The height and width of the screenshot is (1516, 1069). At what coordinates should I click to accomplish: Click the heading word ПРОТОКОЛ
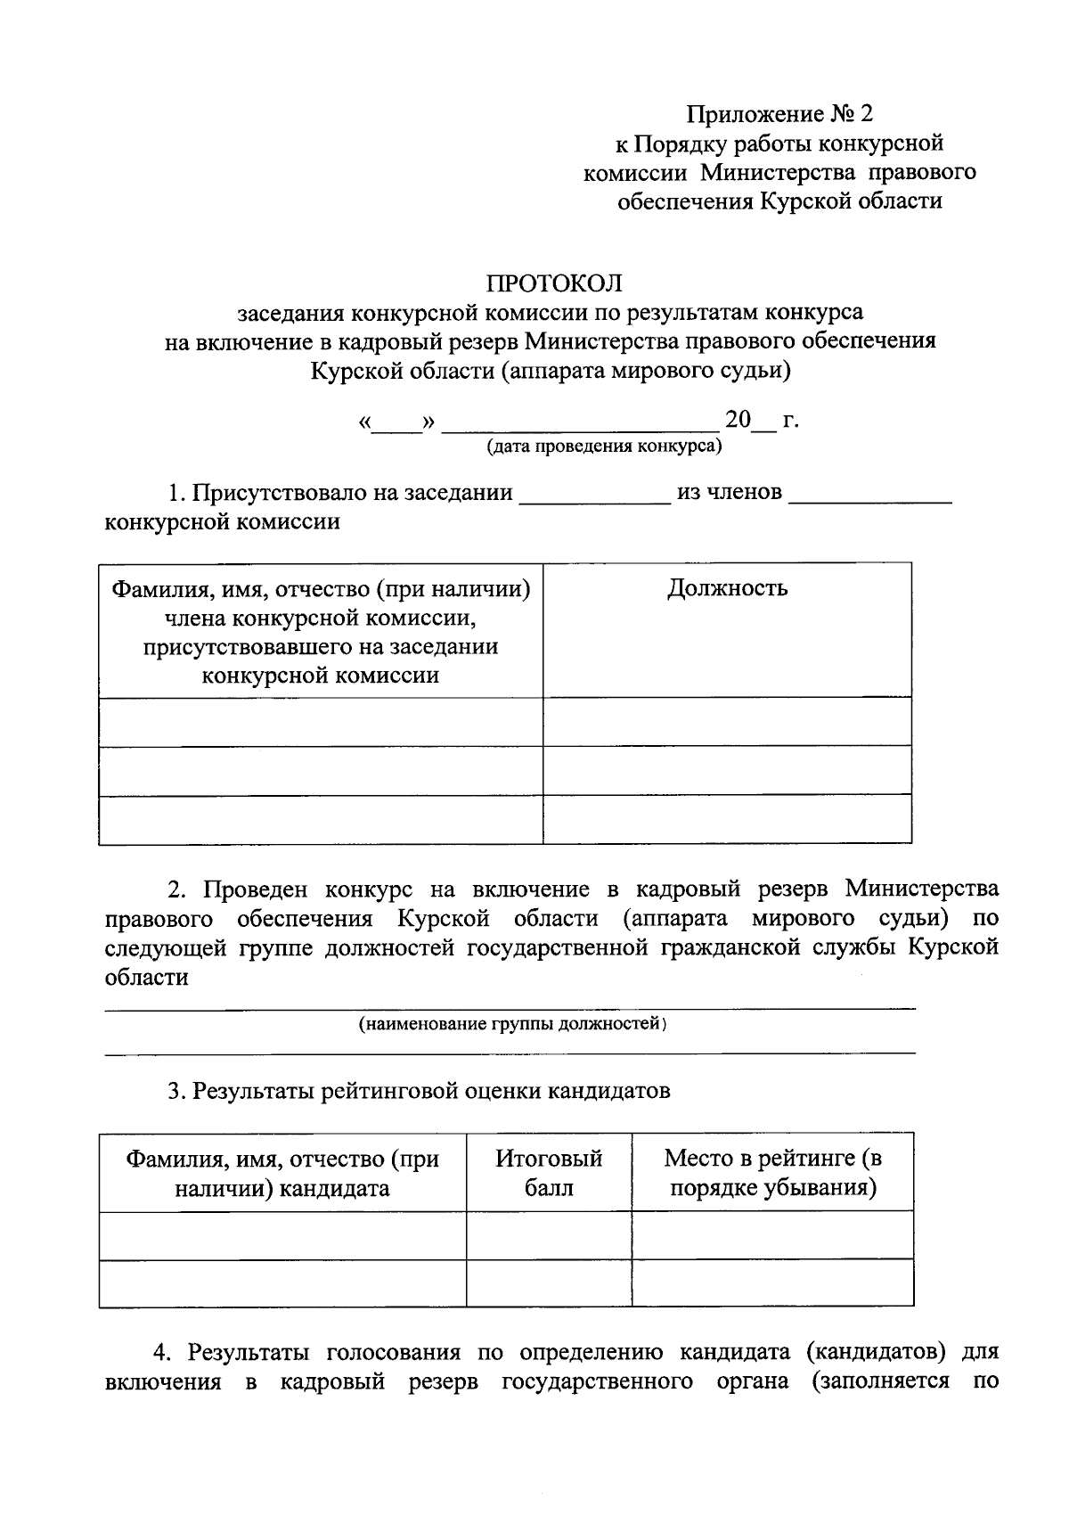553,283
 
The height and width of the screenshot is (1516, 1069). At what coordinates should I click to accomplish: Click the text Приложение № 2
779,114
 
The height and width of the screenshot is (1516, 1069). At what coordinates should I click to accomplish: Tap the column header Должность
727,588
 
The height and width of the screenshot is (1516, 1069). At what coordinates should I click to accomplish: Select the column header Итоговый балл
549,1173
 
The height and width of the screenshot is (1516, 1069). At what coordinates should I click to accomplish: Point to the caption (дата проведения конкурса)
603,446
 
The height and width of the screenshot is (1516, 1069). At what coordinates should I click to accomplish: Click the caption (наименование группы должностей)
512,1024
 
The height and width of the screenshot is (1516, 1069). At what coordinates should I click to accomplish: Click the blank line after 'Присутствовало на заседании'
594,496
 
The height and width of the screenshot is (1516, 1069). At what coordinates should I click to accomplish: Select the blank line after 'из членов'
870,496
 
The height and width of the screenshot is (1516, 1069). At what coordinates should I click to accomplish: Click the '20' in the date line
739,419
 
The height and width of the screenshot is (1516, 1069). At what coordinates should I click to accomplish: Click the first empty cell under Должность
727,722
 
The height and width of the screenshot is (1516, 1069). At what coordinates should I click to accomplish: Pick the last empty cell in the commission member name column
321,820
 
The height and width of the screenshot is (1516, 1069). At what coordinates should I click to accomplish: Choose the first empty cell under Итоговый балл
549,1235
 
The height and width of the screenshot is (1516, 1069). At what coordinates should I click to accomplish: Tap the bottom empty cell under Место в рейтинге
772,1284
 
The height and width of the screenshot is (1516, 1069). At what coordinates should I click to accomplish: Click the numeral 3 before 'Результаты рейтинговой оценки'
175,1091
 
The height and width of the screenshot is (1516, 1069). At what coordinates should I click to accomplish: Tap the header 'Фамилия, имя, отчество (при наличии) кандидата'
282,1173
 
